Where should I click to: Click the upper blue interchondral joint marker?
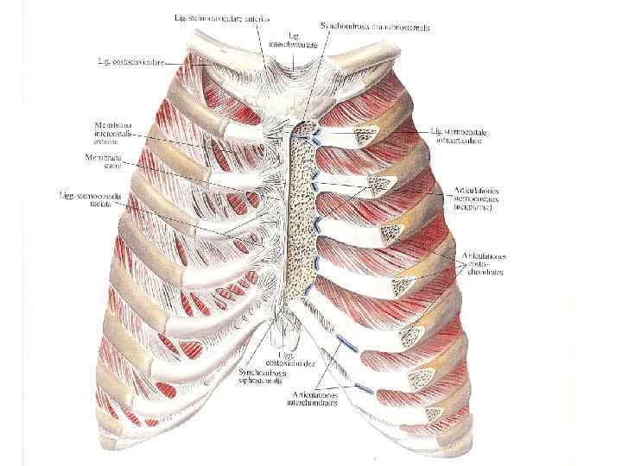350,343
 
